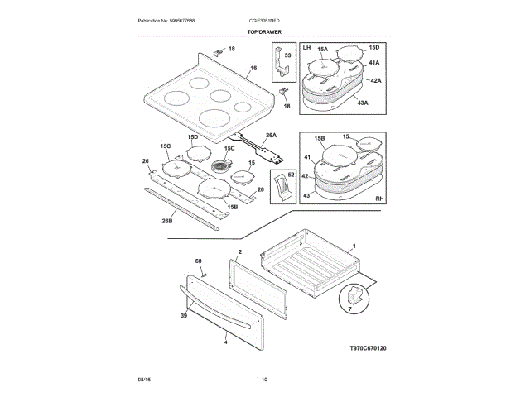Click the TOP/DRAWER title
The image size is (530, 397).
[x=264, y=31]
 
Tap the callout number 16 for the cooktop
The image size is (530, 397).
[x=253, y=69]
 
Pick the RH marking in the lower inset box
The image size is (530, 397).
[x=380, y=199]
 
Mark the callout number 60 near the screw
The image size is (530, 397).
[x=199, y=262]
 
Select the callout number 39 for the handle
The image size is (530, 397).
[x=183, y=314]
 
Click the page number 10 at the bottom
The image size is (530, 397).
[x=264, y=380]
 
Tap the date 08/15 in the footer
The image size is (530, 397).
[x=143, y=380]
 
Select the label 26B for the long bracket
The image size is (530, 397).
[x=167, y=221]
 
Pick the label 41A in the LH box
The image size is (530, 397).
[x=373, y=63]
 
